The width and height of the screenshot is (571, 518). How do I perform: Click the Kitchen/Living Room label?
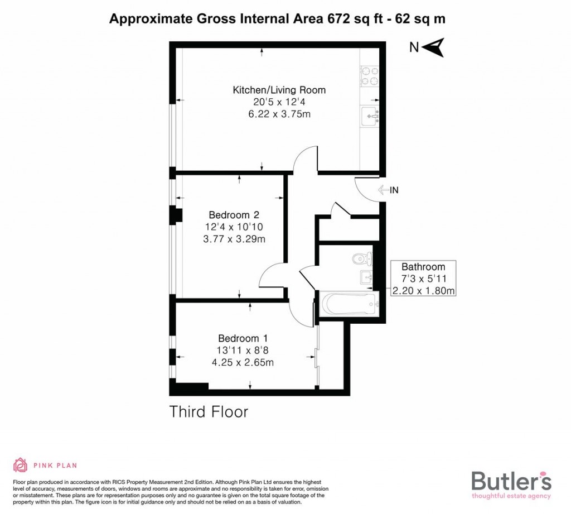tap(279, 90)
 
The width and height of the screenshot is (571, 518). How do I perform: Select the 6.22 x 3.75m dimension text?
tap(279, 114)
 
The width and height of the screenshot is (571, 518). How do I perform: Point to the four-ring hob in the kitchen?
tap(369, 76)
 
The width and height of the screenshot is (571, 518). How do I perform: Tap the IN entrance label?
tap(394, 190)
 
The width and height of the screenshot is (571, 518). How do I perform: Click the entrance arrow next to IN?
tap(383, 190)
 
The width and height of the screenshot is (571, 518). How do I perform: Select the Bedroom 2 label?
tap(234, 215)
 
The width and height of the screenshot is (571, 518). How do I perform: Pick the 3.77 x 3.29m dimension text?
tap(234, 240)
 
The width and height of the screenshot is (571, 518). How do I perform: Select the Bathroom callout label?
tap(424, 267)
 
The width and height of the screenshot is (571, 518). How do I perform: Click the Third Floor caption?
tap(209, 413)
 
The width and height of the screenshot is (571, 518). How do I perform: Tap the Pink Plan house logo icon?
tap(20, 465)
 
